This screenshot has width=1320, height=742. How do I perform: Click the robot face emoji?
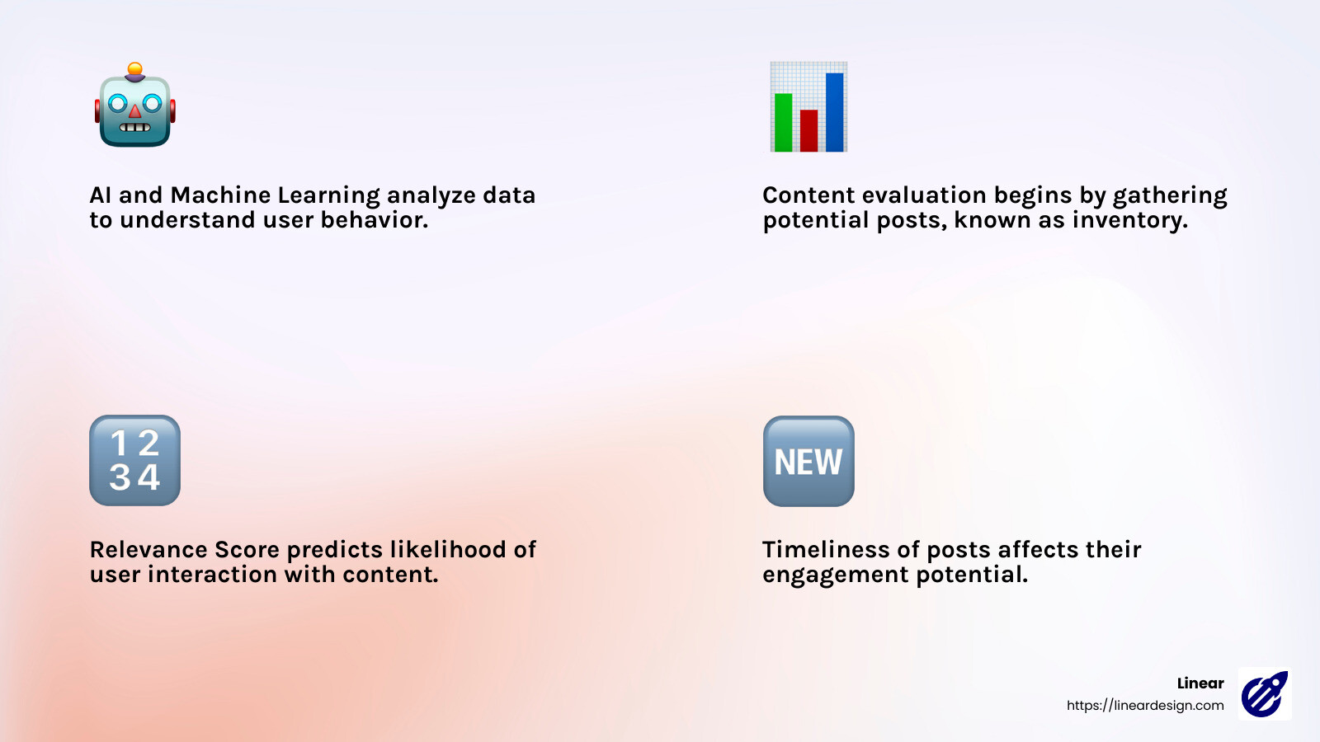coord(134,107)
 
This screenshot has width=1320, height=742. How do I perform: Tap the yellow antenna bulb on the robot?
coord(135,69)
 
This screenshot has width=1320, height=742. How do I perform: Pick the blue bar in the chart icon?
coord(834,112)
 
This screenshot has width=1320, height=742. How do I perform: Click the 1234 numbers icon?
coord(134,460)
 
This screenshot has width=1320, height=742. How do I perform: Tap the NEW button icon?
coord(808,461)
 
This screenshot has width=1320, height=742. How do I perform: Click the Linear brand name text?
coord(1200,683)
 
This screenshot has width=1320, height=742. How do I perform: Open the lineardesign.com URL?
coord(1144,705)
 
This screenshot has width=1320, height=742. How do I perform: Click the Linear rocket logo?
coord(1265,694)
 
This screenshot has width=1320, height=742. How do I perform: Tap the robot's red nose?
coord(135,111)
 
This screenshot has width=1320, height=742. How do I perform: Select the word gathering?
coord(1169,195)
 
